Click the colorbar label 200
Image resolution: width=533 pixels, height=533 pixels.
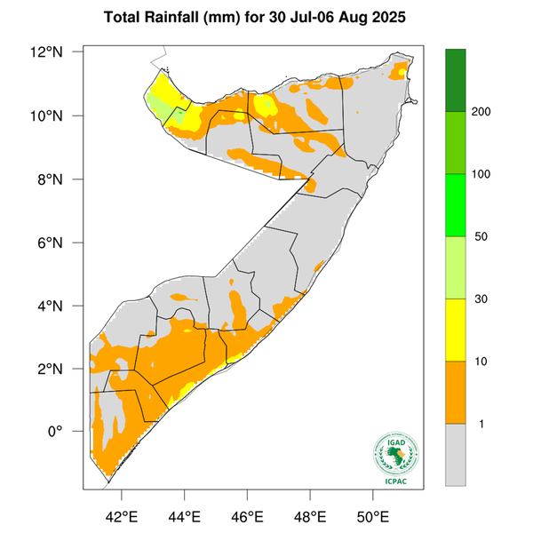(484, 112)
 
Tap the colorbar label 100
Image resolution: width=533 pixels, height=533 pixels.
(484, 174)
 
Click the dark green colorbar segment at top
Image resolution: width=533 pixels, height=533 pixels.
(457, 80)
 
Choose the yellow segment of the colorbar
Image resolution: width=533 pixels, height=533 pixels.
(457, 330)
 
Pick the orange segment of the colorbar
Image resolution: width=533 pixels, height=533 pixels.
(457, 392)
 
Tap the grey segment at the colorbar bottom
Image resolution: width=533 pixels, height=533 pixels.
(457, 454)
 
